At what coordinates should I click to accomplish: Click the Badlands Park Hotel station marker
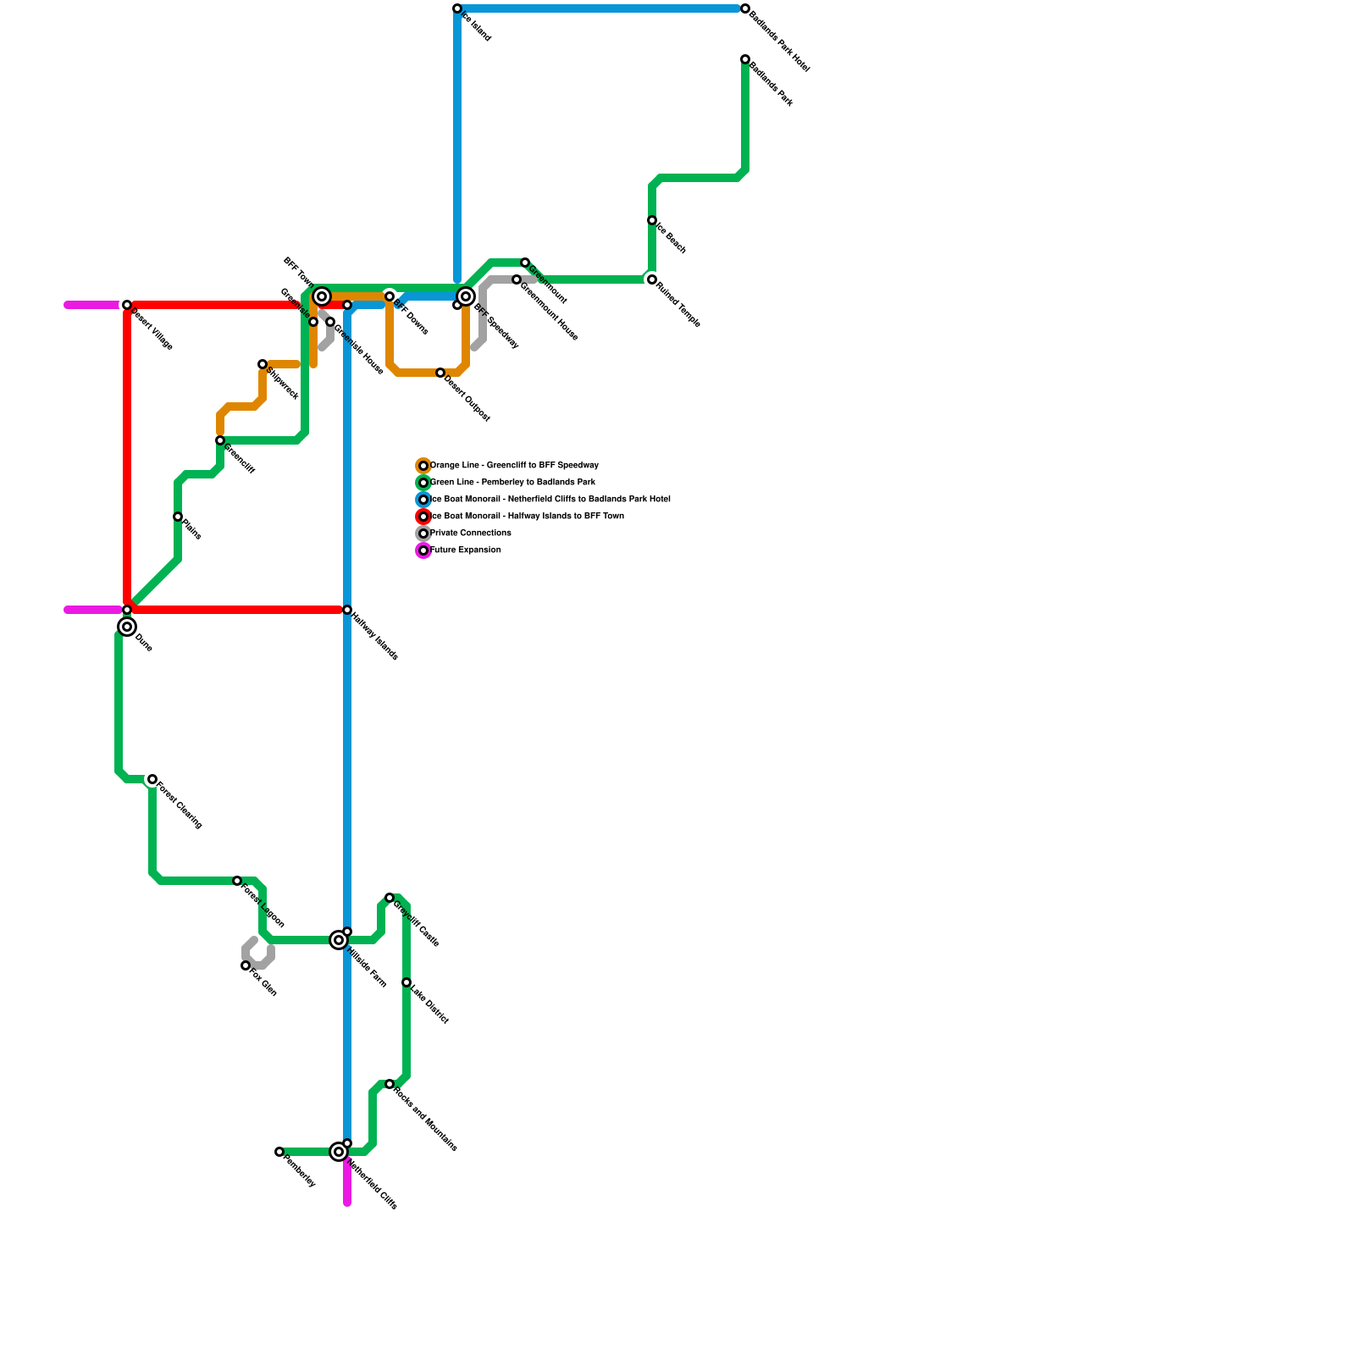[x=745, y=8]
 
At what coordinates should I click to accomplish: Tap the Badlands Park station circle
[x=745, y=59]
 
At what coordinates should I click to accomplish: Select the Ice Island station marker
[x=457, y=8]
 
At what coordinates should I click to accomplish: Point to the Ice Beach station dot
[x=652, y=220]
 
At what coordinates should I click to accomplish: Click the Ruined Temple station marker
[x=652, y=279]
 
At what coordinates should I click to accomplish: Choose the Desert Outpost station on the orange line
[x=440, y=373]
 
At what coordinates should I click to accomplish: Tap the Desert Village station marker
[x=127, y=305]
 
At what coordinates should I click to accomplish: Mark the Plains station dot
[x=178, y=517]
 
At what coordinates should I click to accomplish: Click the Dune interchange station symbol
[x=127, y=627]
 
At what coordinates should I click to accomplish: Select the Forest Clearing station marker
[x=152, y=779]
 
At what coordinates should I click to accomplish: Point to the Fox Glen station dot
[x=246, y=965]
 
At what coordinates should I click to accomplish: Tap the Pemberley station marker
[x=279, y=1152]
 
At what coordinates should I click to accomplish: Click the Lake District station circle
[x=406, y=982]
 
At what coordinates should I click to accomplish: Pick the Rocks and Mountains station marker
[x=390, y=1084]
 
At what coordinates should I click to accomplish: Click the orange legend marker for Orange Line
[x=423, y=466]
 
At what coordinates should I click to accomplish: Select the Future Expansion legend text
[x=466, y=550]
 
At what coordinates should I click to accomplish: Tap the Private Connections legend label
[x=471, y=534]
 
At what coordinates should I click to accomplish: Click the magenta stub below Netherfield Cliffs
[x=347, y=1186]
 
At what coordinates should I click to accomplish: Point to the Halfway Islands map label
[x=374, y=635]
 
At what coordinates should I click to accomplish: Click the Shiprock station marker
[x=263, y=364]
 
